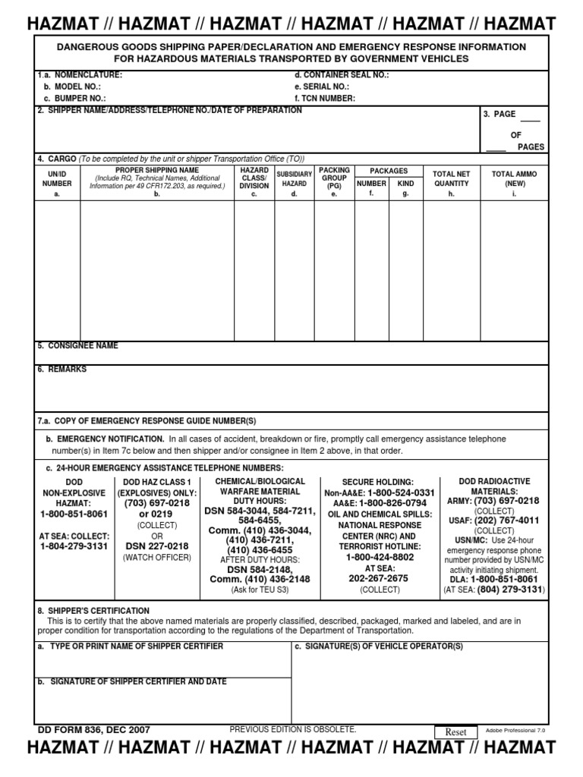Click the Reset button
click(455, 731)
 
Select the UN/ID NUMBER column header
click(57, 183)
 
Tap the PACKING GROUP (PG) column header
click(334, 182)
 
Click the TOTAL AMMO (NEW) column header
click(514, 183)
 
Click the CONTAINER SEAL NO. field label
click(342, 75)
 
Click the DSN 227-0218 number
click(157, 546)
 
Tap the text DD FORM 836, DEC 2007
click(94, 730)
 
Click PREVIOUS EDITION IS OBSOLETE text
click(292, 729)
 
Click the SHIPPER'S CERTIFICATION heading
click(93, 611)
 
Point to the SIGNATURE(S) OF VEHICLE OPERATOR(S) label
click(379, 646)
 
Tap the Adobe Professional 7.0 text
click(515, 731)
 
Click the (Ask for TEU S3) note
click(260, 590)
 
